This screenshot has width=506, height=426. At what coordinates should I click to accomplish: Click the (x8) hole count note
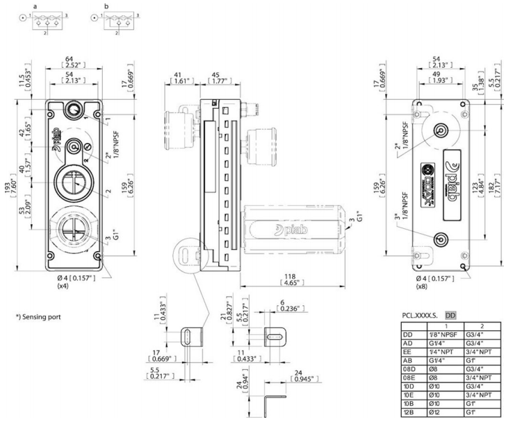(x=421, y=285)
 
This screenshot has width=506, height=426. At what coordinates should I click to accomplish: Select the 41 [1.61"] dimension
(x=179, y=78)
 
